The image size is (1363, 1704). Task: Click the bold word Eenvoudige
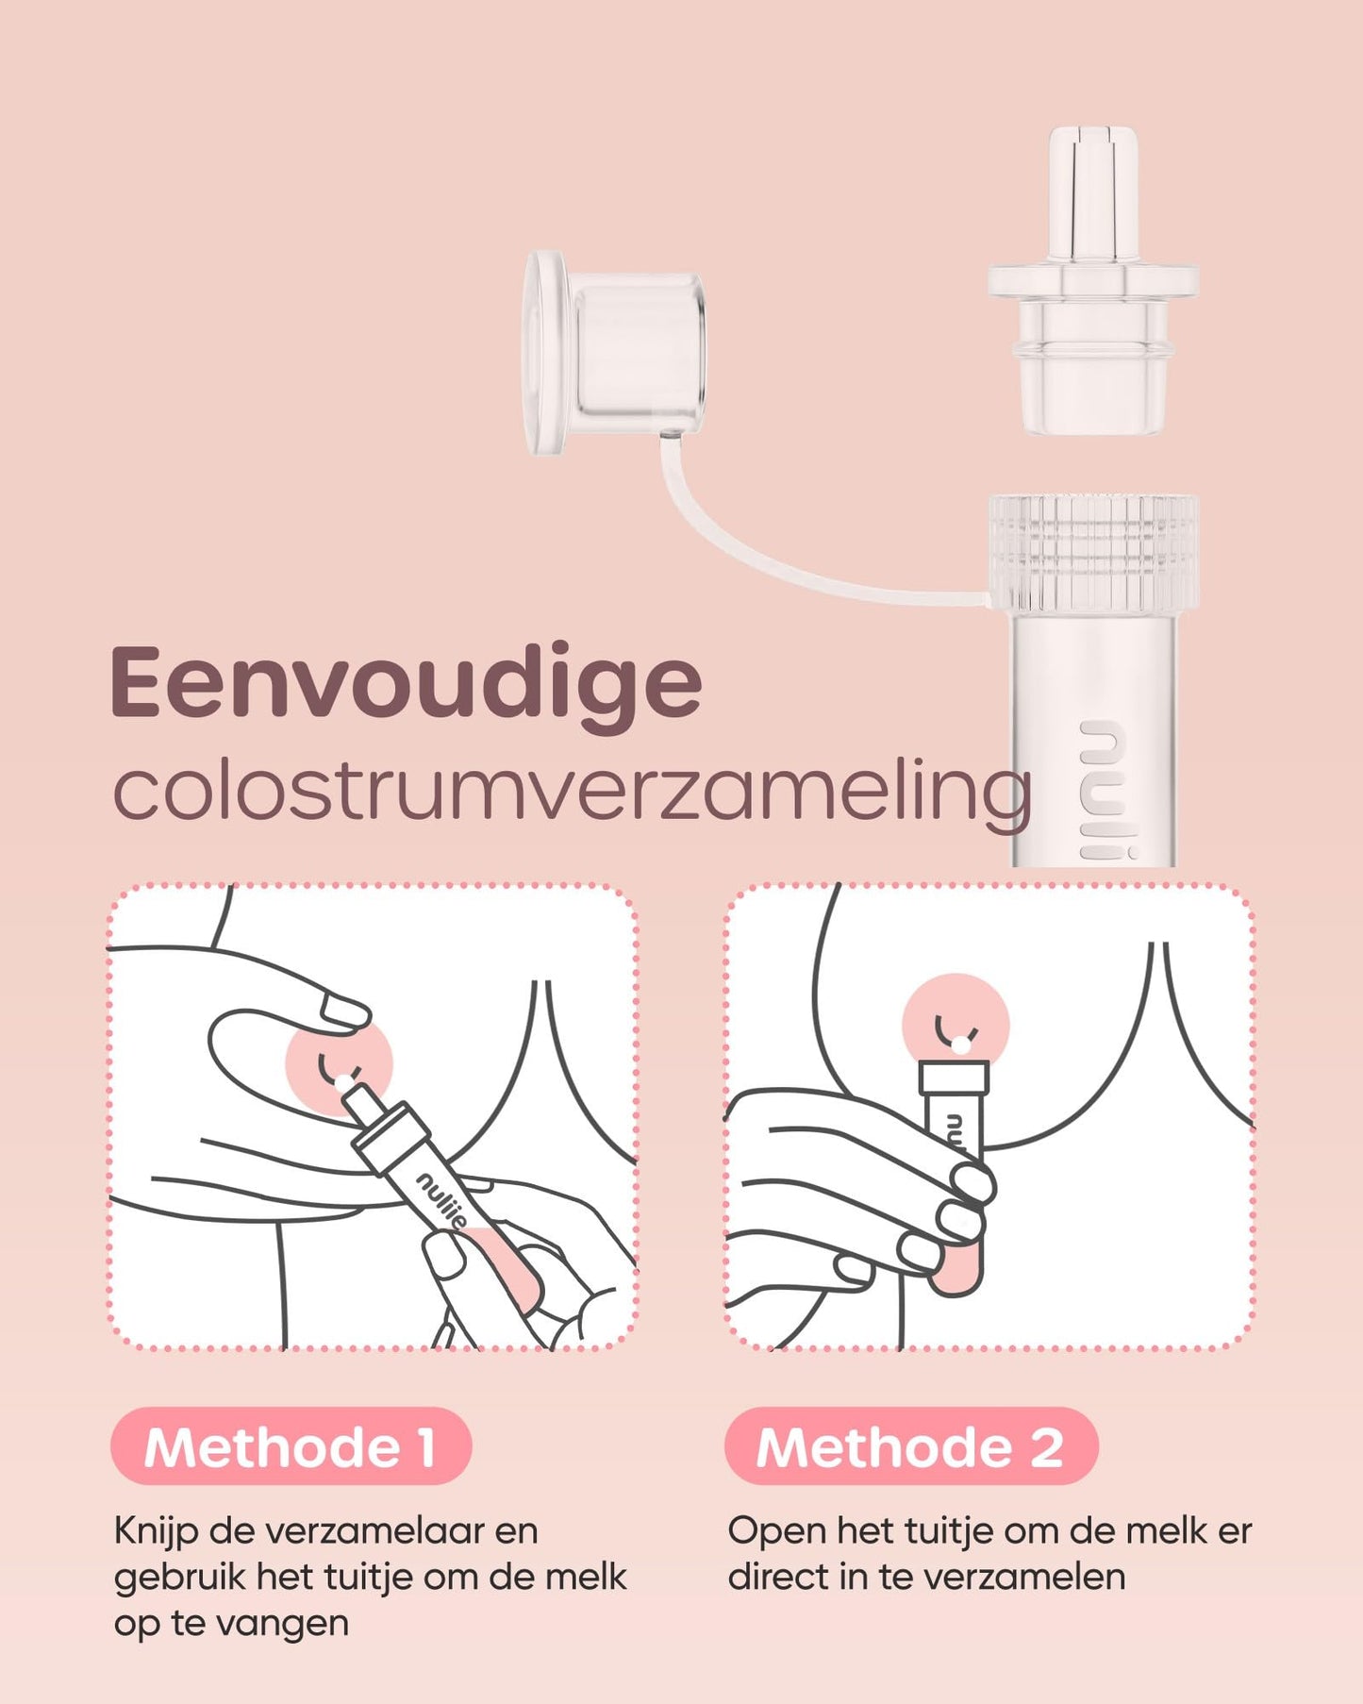(406, 684)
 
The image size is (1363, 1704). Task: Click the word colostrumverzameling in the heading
(571, 793)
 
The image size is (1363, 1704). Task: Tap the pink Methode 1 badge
(291, 1446)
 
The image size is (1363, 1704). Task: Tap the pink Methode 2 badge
(910, 1446)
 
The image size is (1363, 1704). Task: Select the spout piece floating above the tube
(1093, 283)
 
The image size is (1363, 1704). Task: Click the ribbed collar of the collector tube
(1093, 551)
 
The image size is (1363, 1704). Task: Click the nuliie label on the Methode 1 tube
(441, 1199)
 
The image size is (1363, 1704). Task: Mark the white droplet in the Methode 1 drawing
(343, 1083)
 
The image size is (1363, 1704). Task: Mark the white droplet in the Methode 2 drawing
(960, 1044)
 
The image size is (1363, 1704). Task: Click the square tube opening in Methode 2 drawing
(955, 1077)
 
